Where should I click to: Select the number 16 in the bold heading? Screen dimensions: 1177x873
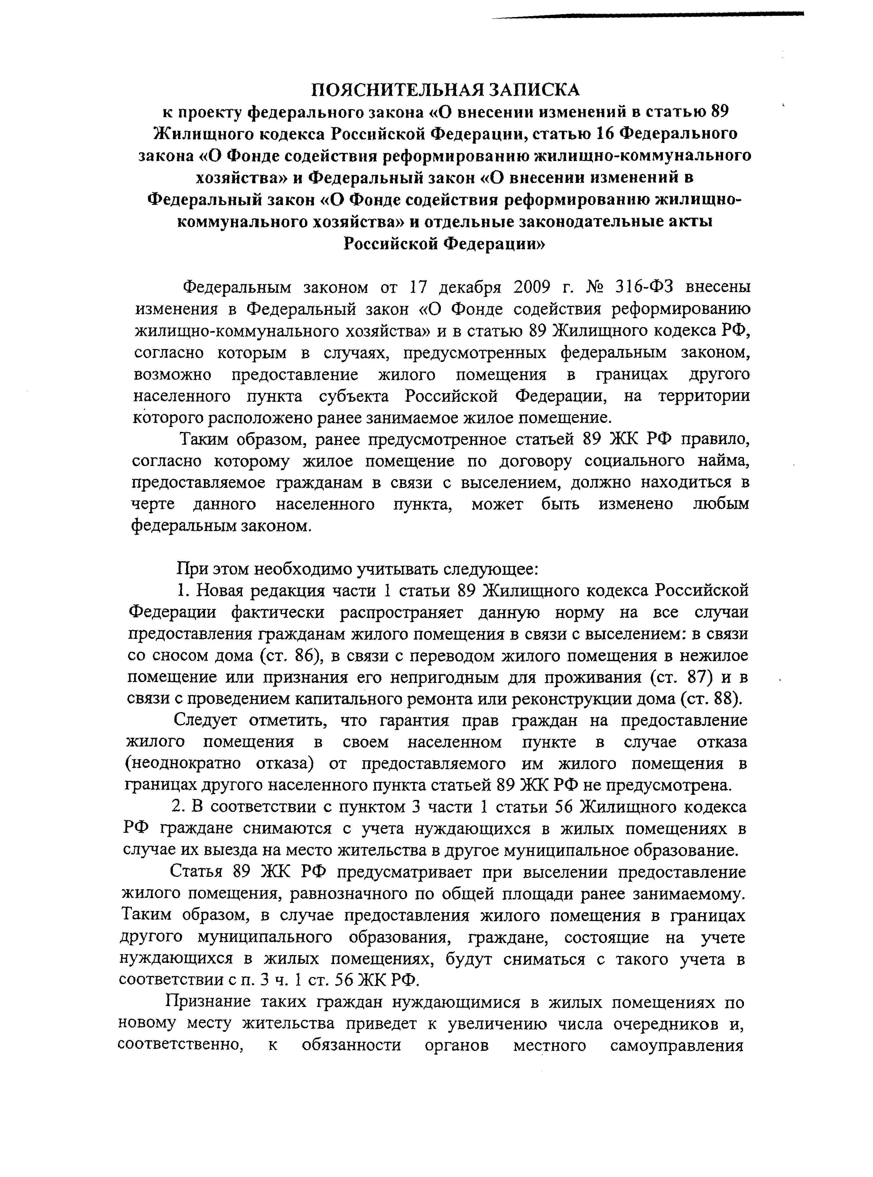tap(604, 133)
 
